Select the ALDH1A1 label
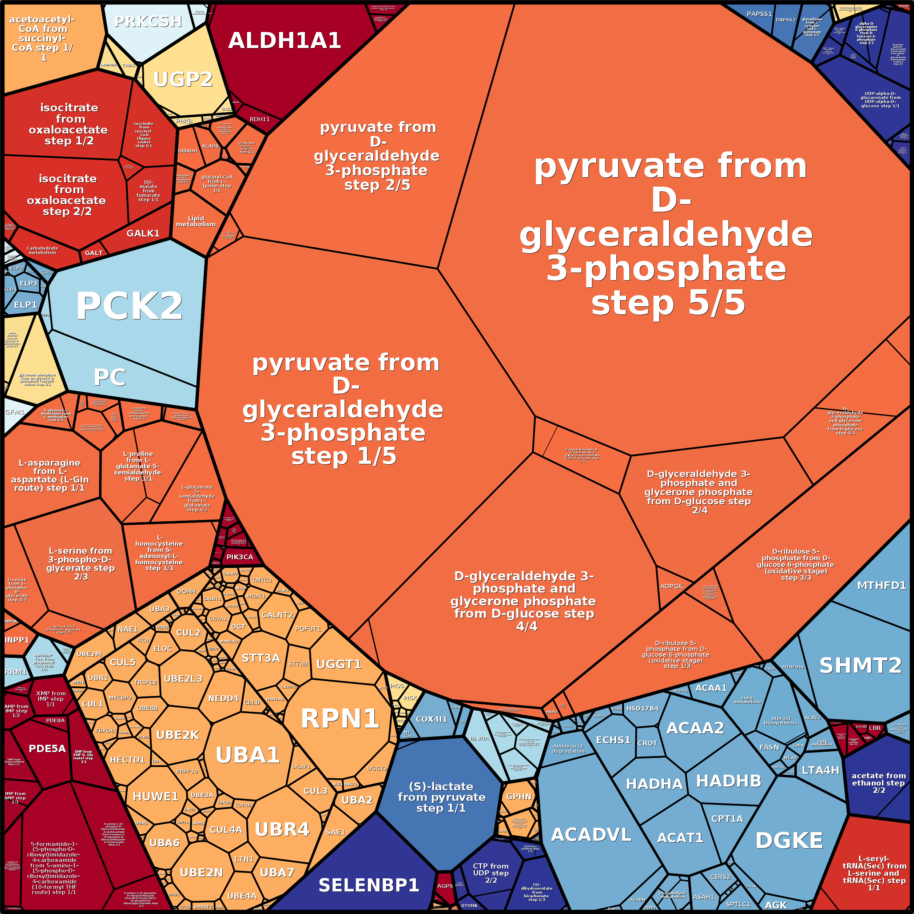pyautogui.click(x=284, y=41)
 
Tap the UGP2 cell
pyautogui.click(x=183, y=79)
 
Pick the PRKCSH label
pyautogui.click(x=148, y=21)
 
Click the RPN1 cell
pyautogui.click(x=340, y=719)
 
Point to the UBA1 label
pyautogui.click(x=247, y=755)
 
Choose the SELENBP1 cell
pyautogui.click(x=369, y=885)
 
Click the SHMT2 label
pyautogui.click(x=860, y=665)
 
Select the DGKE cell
pyautogui.click(x=788, y=840)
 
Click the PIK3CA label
pyautogui.click(x=239, y=557)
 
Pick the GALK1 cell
pyautogui.click(x=143, y=233)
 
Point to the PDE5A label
pyautogui.click(x=47, y=748)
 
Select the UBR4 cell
pyautogui.click(x=282, y=829)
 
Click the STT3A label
pyautogui.click(x=261, y=658)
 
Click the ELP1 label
pyautogui.click(x=25, y=305)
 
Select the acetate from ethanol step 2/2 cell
pyautogui.click(x=878, y=783)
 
